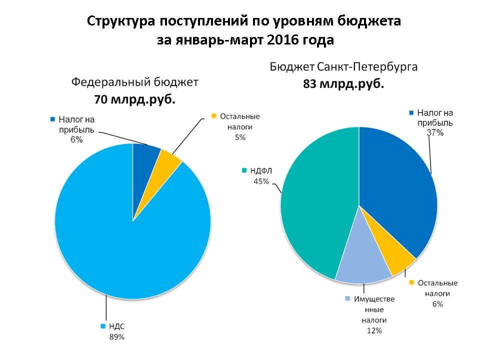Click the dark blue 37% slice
coord(400,190)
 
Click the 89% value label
coord(116,337)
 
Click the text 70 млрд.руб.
coord(134,99)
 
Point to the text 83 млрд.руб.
coord(344,84)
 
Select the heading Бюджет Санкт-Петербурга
coord(344,66)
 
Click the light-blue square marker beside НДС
coord(103,326)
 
